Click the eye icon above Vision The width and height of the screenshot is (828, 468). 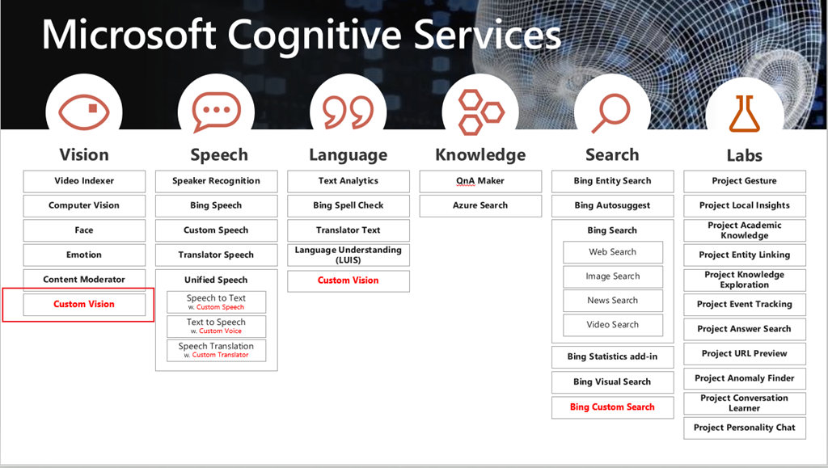[84, 112]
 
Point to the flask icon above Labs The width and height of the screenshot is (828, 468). [744, 113]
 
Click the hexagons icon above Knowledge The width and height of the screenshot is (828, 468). [480, 112]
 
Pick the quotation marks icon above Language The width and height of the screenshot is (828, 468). [348, 112]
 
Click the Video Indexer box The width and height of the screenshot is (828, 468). [84, 181]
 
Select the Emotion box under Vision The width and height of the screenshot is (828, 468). [84, 255]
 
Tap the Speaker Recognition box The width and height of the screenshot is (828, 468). [216, 181]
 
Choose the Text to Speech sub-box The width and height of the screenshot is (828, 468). [216, 326]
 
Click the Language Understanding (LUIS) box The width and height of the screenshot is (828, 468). [348, 255]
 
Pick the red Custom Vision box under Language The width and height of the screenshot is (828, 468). [348, 280]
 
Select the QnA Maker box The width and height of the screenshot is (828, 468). [480, 181]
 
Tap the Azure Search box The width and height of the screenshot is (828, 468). [480, 206]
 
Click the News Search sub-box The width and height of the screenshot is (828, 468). [613, 301]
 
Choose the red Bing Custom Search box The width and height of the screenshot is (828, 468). [613, 407]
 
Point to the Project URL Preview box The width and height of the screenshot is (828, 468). [745, 354]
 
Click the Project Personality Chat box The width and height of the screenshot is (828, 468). [745, 428]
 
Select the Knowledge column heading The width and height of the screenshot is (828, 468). [480, 154]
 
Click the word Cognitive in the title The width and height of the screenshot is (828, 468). [316, 35]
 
